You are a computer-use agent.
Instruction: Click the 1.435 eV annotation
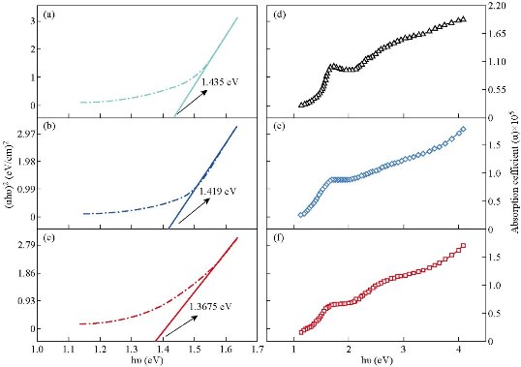click(x=219, y=80)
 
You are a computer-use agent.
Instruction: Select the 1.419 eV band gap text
click(x=217, y=192)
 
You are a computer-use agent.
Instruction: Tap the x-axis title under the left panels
click(x=147, y=359)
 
